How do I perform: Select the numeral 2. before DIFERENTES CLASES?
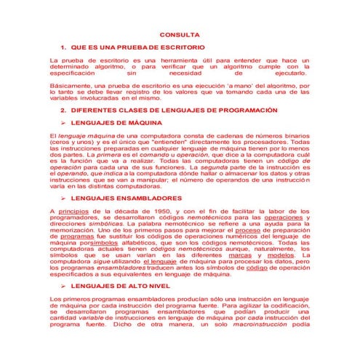pos(64,111)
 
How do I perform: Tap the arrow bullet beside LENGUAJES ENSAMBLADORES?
pos(65,198)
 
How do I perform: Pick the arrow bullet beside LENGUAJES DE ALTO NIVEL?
pos(65,286)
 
